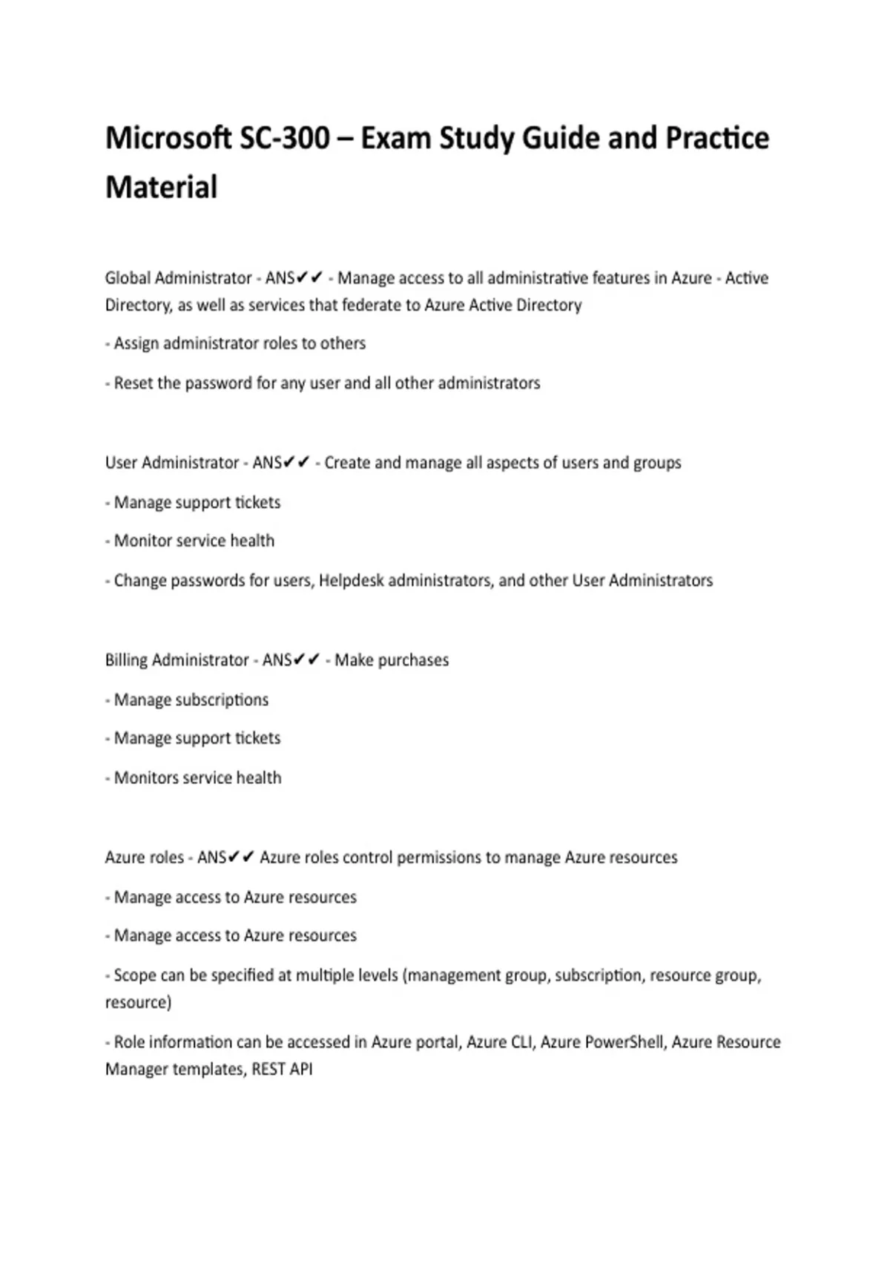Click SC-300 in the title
point(285,139)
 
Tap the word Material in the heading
point(161,187)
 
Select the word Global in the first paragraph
point(126,278)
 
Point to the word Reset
point(133,383)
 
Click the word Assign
point(136,343)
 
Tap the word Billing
point(126,660)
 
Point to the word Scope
point(134,975)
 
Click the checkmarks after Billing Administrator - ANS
point(307,659)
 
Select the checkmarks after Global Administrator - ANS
point(310,277)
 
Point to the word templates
point(209,1070)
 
